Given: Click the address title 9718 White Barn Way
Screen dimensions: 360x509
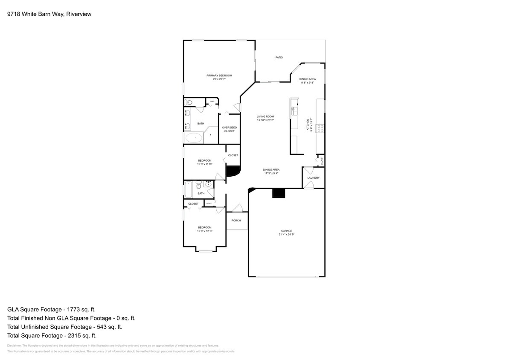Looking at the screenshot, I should coord(49,14).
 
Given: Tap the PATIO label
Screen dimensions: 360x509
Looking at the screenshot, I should coord(279,57).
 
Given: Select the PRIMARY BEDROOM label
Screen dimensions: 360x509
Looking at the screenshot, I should coord(219,75).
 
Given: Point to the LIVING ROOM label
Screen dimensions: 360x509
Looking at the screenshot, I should coord(265,116).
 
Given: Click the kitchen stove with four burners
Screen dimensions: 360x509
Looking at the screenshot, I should coord(320,128).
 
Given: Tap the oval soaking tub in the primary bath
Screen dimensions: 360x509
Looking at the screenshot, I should coord(195,138).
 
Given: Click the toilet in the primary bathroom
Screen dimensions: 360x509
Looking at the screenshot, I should coord(189,102).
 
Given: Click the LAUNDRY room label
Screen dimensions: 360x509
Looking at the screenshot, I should coord(313,178).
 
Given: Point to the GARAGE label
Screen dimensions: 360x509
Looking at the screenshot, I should coord(286,231).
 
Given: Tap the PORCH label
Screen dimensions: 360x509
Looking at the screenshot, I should coord(236,221).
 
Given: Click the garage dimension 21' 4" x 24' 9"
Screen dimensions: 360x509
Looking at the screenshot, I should coord(286,235).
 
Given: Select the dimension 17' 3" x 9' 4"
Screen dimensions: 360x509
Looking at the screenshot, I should coord(271,173).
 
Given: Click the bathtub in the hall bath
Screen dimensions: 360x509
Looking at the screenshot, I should coord(189,189).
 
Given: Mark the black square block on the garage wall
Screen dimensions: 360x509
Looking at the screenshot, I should coord(279,193).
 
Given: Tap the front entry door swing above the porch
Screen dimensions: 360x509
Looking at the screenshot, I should coord(238,208).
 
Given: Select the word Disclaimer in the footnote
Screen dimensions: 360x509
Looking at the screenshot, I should coord(15,345).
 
